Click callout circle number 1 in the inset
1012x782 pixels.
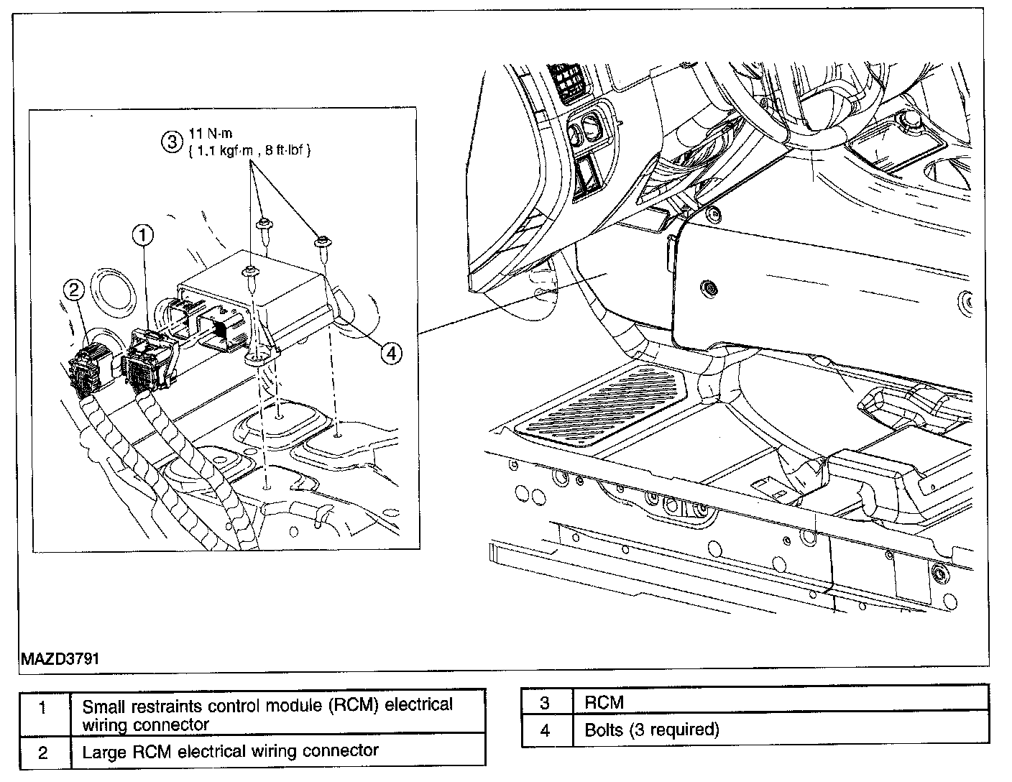click(143, 234)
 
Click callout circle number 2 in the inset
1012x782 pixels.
click(74, 290)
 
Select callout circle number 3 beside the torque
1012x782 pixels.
click(171, 142)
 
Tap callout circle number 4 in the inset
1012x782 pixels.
click(391, 353)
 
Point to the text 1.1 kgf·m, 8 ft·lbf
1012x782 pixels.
click(249, 152)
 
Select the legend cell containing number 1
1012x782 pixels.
click(43, 708)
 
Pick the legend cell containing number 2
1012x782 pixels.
click(43, 752)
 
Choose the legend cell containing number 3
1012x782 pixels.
click(546, 703)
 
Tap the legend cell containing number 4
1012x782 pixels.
click(546, 730)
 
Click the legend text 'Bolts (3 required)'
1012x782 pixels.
click(651, 730)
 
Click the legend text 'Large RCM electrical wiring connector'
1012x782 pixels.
click(230, 752)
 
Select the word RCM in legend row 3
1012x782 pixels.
click(604, 703)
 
